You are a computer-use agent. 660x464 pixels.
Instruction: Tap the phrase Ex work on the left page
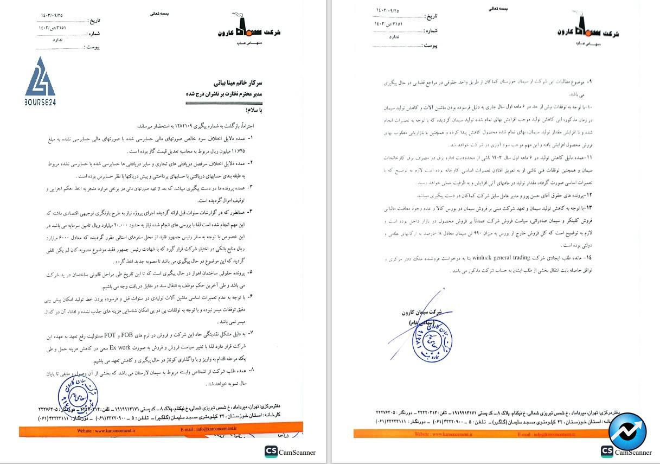coord(122,347)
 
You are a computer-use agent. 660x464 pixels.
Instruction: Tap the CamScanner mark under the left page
coord(290,452)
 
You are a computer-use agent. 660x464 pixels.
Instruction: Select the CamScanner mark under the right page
coord(626,452)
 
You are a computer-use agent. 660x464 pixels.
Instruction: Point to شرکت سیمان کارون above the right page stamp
coord(421,313)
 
